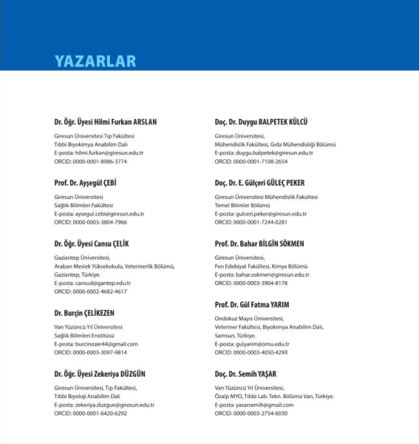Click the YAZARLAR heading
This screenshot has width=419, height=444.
click(94, 61)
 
